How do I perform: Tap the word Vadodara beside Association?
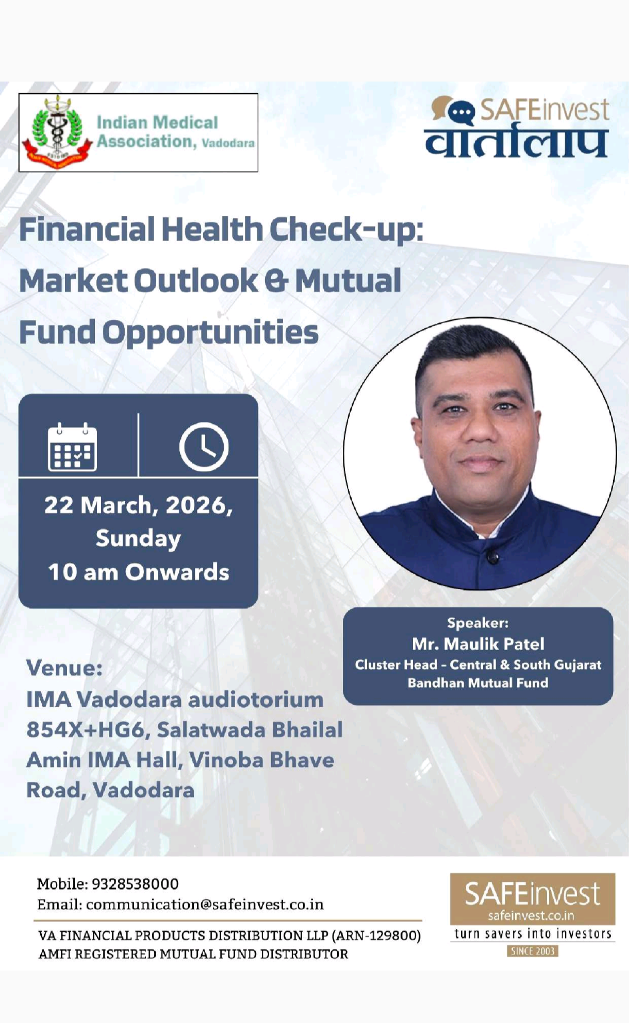228,143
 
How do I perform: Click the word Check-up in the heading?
346,230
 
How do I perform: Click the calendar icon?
72,447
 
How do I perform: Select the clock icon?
204,447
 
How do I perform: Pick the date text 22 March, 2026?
138,505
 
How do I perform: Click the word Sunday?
138,538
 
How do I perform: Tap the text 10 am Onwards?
138,572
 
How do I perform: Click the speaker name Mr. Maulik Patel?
478,644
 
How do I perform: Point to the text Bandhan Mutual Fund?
478,683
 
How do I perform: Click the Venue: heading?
64,668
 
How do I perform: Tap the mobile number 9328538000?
135,884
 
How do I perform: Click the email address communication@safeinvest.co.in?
205,905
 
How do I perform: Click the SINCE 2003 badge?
533,951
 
